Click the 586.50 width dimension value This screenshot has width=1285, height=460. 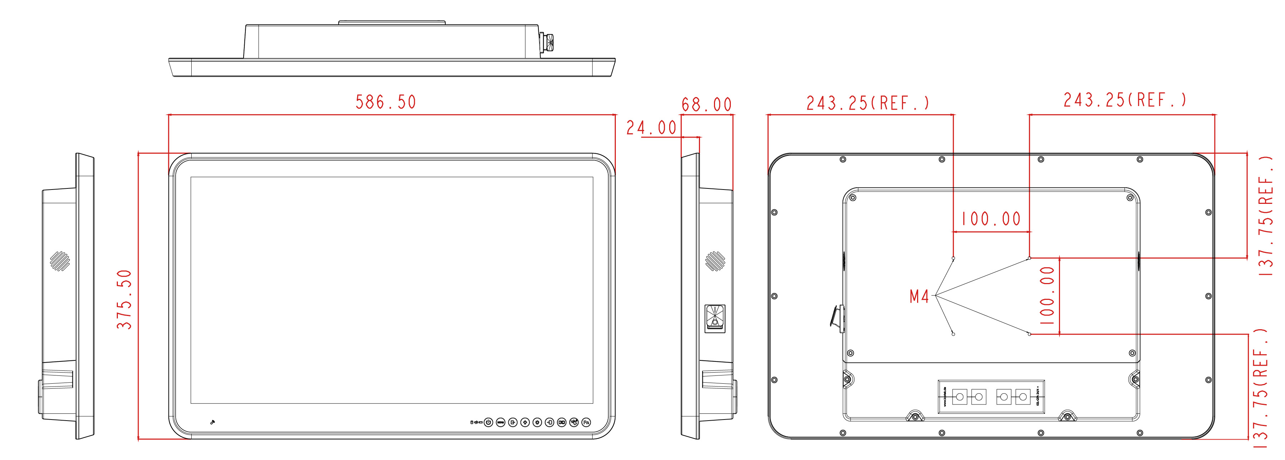[385, 102]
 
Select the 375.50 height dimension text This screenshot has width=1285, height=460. [124, 300]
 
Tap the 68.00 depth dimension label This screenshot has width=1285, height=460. [706, 105]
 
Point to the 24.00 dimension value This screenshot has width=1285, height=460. [651, 128]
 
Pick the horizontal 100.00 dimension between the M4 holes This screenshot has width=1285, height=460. [991, 219]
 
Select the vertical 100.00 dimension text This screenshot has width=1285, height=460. [1047, 295]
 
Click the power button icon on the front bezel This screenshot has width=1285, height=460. [488, 423]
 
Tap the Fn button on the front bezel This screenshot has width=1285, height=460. [586, 423]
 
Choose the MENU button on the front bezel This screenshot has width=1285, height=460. [501, 423]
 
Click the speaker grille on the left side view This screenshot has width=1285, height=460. [60, 261]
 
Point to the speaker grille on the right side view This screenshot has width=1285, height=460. [715, 261]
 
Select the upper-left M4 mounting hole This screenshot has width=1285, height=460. [953, 258]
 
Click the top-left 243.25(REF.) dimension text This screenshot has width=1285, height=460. [868, 103]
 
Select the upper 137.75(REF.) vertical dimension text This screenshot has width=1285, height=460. [1266, 216]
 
